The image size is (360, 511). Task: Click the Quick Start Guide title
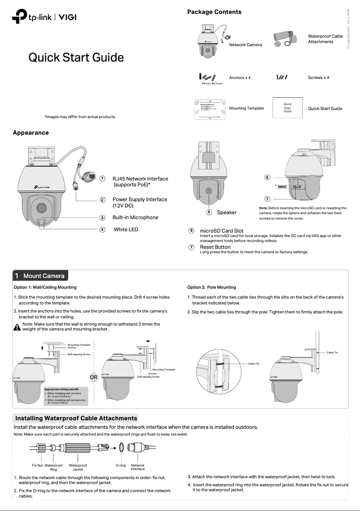[76, 57]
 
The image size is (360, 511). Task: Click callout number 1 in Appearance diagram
[102, 179]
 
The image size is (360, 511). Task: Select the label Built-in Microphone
[135, 217]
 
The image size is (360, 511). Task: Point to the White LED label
[126, 229]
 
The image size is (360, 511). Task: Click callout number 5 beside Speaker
[209, 212]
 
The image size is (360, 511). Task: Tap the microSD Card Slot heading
[221, 231]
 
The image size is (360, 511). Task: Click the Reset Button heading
[215, 247]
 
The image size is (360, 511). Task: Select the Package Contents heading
[214, 12]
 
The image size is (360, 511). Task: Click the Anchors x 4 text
[240, 78]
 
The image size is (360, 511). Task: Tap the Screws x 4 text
[318, 78]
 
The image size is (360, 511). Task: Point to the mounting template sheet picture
[210, 108]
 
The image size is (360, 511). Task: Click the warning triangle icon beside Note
[18, 327]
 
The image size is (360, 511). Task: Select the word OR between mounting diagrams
[93, 377]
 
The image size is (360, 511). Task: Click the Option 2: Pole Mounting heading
[211, 287]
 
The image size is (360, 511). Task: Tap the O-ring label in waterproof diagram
[120, 466]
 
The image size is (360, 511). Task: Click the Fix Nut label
[37, 466]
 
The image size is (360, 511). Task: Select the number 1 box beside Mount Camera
[17, 276]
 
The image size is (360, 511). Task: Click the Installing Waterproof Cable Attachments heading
[76, 418]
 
